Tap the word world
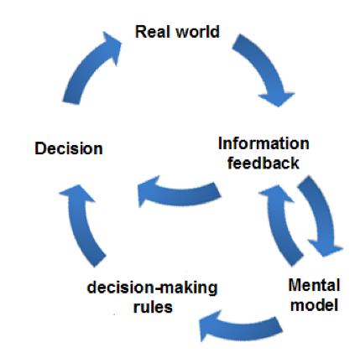coord(198,32)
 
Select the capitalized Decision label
coord(69,148)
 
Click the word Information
coord(263,143)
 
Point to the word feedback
coord(263,163)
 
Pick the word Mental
coord(314,285)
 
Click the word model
coord(314,304)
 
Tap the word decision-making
coord(152,288)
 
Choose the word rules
coord(153,307)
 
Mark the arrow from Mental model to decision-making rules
coord(241,327)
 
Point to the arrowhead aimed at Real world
coord(111,46)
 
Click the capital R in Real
coord(140,32)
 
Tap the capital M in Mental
coord(295,285)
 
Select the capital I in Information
coord(220,143)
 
